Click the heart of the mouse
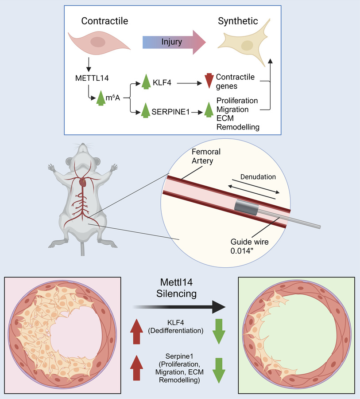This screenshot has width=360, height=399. [x=82, y=182]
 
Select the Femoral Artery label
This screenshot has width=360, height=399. [x=206, y=156]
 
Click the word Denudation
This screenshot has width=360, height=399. [x=258, y=176]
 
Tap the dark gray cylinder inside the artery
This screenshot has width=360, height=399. [x=247, y=207]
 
